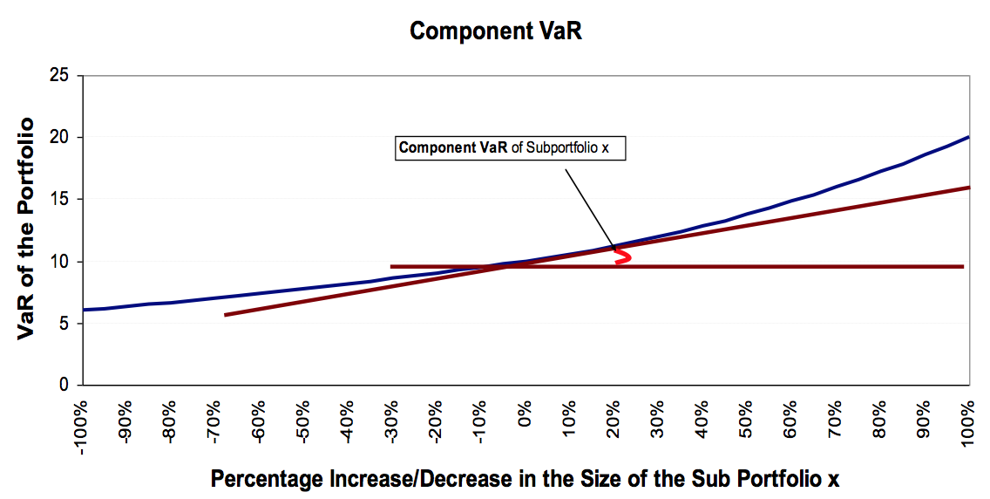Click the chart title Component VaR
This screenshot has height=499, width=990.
495,31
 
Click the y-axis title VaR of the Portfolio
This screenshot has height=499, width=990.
27,229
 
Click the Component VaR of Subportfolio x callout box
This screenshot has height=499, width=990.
510,147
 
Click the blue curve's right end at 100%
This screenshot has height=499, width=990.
968,137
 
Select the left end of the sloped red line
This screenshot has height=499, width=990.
226,314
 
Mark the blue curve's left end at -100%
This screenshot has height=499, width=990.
83,310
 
